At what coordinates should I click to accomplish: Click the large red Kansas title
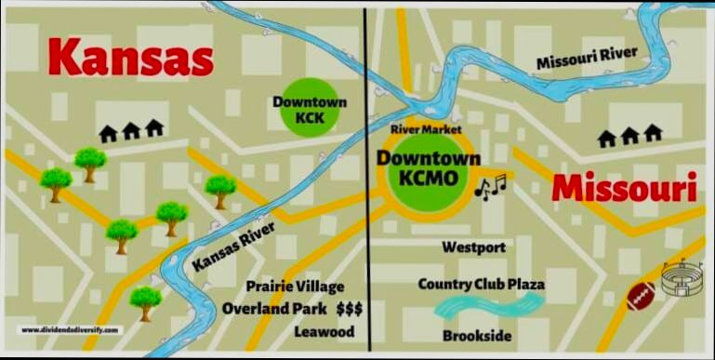130,59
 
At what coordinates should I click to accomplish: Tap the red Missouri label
624,190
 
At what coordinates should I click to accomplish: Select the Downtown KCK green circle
298,111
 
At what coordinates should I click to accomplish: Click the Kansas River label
228,251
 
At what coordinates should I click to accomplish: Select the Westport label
474,247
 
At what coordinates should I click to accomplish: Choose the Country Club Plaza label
481,284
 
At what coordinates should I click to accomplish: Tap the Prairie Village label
296,286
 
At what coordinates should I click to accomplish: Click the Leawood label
319,331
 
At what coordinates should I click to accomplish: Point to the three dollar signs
350,309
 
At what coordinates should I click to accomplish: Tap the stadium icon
685,278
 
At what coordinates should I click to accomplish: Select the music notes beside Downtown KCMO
490,185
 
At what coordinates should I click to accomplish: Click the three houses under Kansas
131,131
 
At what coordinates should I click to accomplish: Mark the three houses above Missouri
629,137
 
